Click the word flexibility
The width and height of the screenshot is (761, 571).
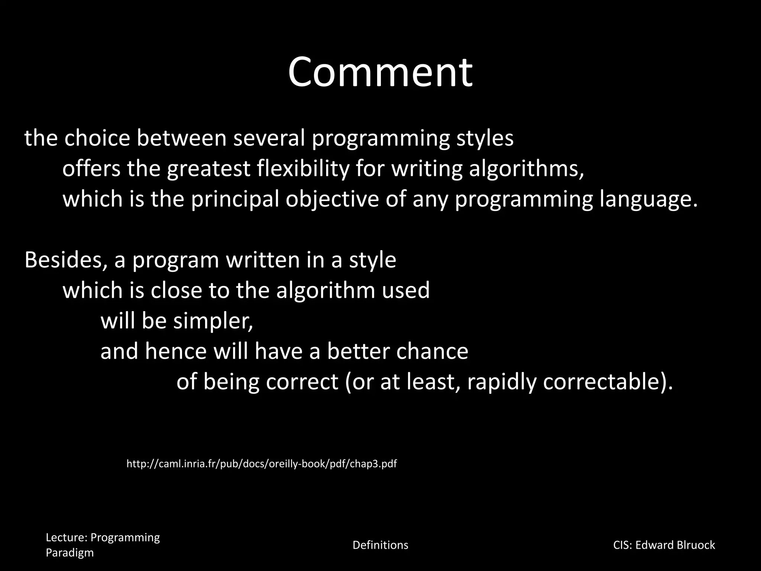click(x=303, y=168)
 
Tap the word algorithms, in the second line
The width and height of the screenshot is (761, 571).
click(x=526, y=168)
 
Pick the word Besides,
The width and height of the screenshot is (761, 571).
click(x=63, y=260)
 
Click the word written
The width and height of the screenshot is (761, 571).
click(x=263, y=260)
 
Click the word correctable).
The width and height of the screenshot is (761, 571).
click(x=608, y=382)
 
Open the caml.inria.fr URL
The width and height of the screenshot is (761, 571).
click(x=262, y=464)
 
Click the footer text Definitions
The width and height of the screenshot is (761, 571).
click(x=380, y=545)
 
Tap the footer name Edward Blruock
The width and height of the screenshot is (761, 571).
click(x=675, y=545)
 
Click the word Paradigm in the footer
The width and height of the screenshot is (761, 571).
click(x=69, y=553)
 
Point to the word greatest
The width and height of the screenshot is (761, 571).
click(x=208, y=168)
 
